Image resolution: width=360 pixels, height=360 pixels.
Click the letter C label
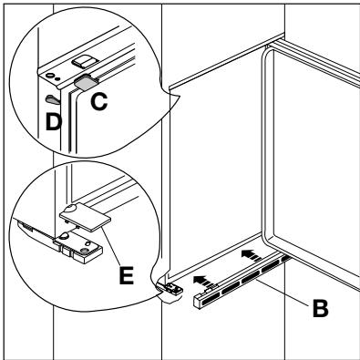click(99, 101)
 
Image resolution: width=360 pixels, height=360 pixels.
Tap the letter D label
click(53, 122)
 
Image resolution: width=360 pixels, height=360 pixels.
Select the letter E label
click(127, 275)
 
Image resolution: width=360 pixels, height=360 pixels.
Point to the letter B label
click(321, 308)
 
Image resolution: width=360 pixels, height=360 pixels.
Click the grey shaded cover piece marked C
click(84, 82)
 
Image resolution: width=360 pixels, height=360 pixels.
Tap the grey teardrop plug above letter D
click(52, 99)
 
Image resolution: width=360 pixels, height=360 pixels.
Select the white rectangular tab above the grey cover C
click(81, 61)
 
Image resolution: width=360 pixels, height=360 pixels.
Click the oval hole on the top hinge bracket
click(50, 75)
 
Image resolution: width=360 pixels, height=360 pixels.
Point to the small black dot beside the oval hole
click(57, 79)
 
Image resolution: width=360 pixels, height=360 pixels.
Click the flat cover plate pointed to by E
click(86, 217)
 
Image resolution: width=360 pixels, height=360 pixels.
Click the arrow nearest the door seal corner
click(252, 254)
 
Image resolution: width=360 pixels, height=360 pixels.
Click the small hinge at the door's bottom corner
click(170, 288)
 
